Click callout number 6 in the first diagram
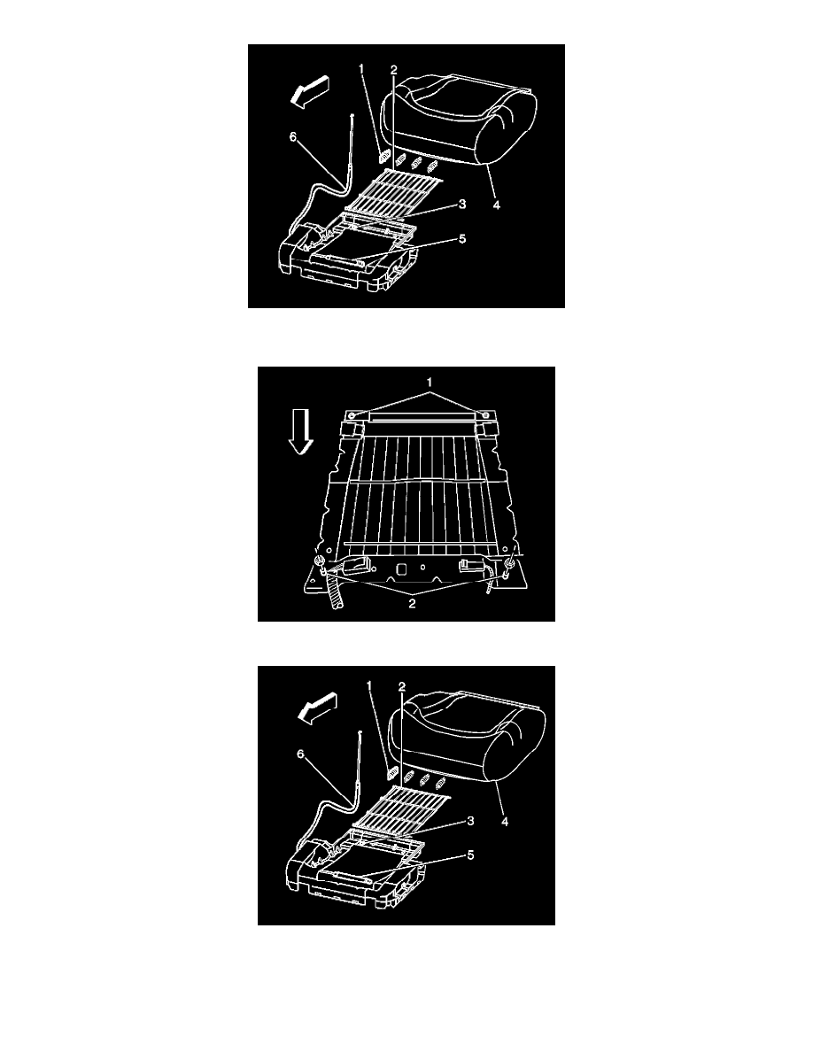(x=292, y=137)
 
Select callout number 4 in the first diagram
(x=496, y=206)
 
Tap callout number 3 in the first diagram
(x=462, y=204)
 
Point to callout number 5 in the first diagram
(x=462, y=239)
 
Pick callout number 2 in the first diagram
(x=394, y=69)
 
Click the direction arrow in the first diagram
(x=309, y=91)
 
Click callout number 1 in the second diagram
(x=430, y=381)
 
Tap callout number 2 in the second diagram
(x=412, y=603)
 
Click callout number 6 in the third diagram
(x=300, y=754)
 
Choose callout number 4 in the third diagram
(x=505, y=821)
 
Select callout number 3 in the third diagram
(x=471, y=820)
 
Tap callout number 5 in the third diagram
(x=471, y=855)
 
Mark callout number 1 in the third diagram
(x=369, y=685)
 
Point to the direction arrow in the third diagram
(x=318, y=708)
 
